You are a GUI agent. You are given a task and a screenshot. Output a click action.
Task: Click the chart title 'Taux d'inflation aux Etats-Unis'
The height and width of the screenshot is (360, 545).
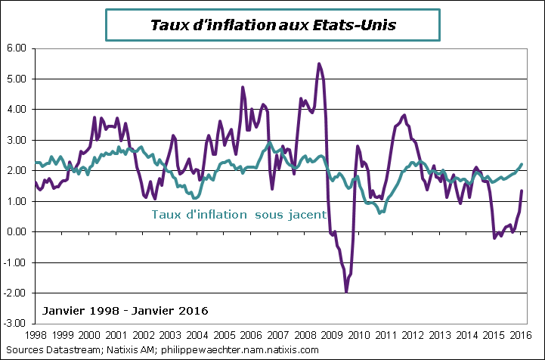[x=273, y=25]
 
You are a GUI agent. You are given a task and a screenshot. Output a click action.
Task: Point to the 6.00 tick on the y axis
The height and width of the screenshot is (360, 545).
[x=16, y=48]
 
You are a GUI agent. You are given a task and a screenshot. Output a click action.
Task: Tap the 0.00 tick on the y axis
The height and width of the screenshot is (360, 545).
[x=16, y=232]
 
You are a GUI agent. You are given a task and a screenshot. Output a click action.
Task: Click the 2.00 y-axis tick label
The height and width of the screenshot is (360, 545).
[x=16, y=171]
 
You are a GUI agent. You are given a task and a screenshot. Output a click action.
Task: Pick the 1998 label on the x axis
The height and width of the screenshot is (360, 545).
[x=37, y=334]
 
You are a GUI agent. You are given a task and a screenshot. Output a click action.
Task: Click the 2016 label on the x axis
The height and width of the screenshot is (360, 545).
[x=519, y=334]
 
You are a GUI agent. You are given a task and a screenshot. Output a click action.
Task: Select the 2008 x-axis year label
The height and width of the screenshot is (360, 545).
[x=305, y=334]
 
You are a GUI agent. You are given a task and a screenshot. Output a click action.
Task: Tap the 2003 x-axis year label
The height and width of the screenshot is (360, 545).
[x=171, y=334]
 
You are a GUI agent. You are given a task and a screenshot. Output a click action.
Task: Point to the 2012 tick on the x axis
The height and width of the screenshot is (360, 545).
[x=412, y=334]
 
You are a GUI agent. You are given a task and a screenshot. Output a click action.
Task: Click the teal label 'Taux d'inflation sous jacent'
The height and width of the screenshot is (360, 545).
[x=239, y=214]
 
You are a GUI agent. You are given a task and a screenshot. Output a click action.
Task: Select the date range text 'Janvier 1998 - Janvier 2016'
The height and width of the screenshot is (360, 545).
[x=121, y=311]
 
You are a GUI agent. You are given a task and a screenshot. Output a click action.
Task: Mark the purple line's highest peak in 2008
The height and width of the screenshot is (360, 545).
[x=319, y=64]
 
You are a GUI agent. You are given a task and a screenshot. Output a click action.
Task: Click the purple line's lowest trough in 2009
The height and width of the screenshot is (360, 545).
[x=346, y=291]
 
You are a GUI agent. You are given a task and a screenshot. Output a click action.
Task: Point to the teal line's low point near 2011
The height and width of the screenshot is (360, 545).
[x=379, y=213]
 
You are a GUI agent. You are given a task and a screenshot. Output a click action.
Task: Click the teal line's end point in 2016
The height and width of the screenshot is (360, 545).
[x=521, y=164]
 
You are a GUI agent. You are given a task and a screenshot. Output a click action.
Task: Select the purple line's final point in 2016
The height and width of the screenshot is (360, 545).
[x=521, y=191]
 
